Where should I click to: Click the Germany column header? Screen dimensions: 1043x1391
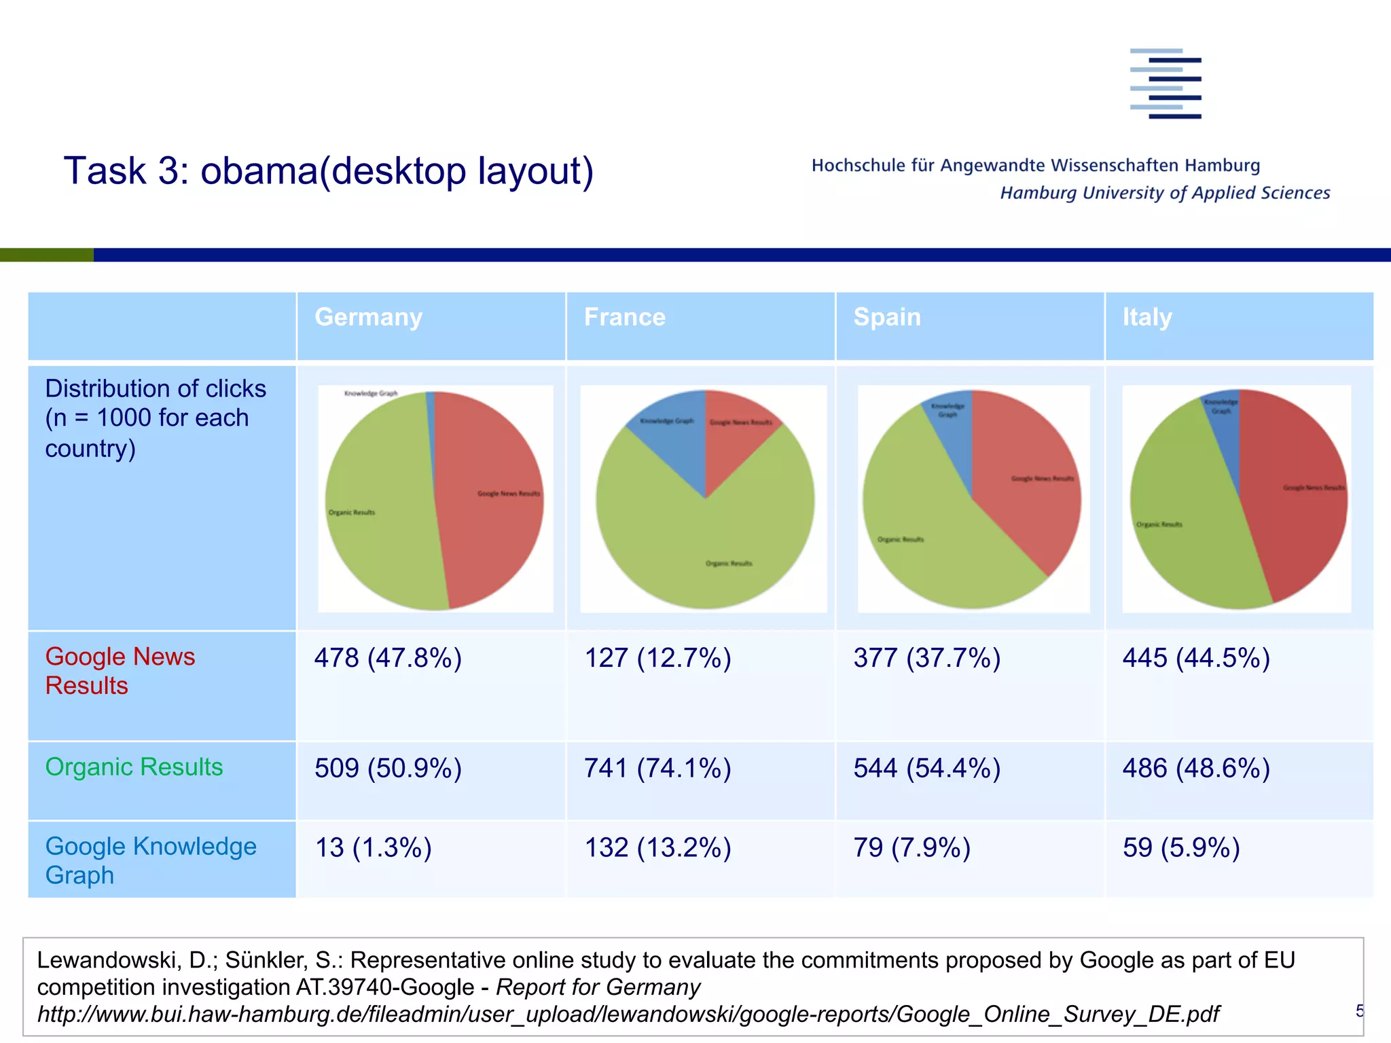369,318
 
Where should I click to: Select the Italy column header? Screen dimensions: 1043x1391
1147,318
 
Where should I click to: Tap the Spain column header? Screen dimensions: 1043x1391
887,318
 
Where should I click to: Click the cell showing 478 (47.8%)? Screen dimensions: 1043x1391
388,658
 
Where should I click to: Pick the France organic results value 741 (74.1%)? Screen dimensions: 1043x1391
657,768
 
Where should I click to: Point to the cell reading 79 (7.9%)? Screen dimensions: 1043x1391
911,847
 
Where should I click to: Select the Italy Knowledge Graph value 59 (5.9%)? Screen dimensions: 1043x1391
1181,847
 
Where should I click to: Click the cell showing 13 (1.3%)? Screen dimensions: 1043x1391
373,847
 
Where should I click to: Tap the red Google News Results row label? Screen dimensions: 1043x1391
120,671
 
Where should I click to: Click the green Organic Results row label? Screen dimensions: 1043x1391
134,767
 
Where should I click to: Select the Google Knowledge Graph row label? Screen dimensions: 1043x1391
150,860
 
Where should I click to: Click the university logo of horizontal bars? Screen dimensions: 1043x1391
1166,84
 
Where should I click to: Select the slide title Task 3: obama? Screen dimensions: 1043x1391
329,170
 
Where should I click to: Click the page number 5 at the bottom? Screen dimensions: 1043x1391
1359,1010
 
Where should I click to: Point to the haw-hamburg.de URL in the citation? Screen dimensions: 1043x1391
628,1014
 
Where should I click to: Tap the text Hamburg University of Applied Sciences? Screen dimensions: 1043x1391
1165,193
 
